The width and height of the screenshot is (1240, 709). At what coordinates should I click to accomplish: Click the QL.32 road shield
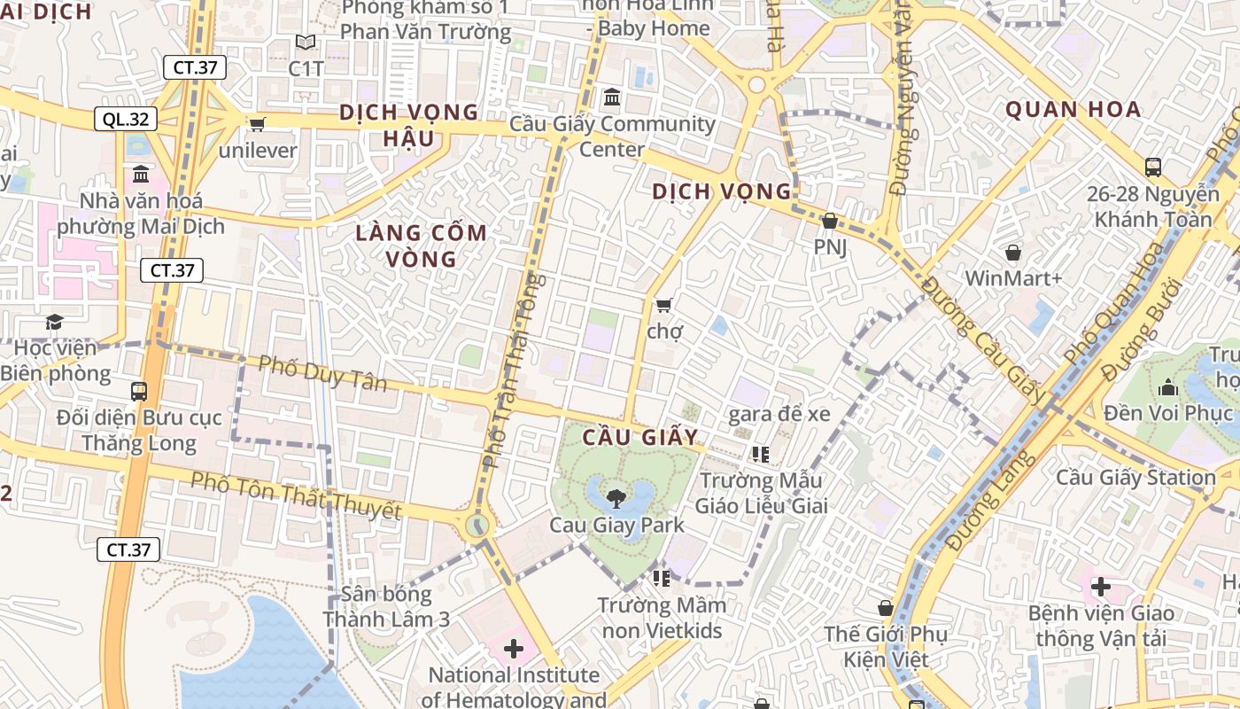tap(126, 119)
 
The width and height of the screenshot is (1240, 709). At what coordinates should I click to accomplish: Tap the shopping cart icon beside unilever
tap(258, 124)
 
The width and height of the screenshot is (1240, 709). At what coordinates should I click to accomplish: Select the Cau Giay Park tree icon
tap(616, 498)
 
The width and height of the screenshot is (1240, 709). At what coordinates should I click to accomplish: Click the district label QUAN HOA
tap(1073, 110)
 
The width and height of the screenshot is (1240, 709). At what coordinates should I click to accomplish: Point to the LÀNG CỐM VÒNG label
tap(421, 245)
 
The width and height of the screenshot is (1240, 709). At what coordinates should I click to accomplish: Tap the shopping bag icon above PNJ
tap(830, 221)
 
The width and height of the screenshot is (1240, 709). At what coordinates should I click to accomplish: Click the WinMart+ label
tap(1013, 278)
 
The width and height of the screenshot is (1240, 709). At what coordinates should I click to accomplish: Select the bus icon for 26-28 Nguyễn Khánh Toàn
tap(1153, 167)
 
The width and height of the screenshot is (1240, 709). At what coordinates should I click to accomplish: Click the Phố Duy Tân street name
tap(323, 372)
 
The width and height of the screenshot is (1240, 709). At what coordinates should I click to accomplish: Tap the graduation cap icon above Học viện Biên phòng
tap(55, 322)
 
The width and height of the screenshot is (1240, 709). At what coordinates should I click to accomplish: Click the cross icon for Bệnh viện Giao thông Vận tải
tap(1101, 587)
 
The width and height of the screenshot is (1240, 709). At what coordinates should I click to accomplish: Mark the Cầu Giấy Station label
tap(1135, 477)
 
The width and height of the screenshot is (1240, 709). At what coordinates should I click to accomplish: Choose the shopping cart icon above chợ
tap(663, 305)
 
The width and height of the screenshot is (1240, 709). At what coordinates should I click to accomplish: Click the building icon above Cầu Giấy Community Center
tap(611, 97)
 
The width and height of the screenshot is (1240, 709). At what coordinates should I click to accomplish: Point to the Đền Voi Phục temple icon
tap(1167, 387)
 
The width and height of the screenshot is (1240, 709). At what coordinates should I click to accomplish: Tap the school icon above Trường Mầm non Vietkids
tap(661, 579)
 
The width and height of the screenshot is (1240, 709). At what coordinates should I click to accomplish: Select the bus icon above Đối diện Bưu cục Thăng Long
tap(139, 391)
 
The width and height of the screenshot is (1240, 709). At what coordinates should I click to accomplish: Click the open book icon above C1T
tap(306, 42)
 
